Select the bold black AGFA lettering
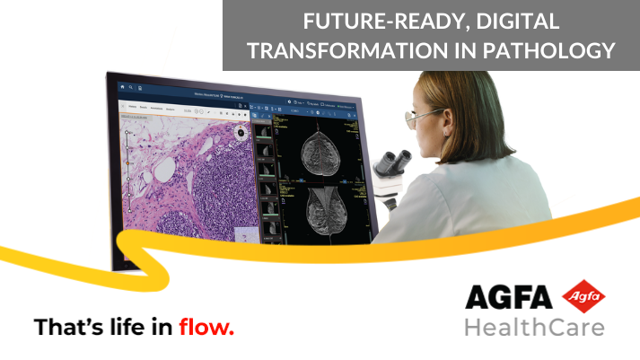[x=508, y=297]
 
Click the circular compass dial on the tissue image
[x=241, y=132]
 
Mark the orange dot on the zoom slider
[x=127, y=133]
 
